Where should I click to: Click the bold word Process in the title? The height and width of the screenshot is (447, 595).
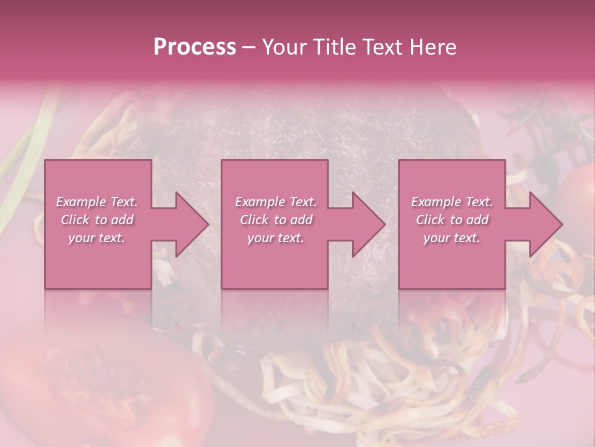point(195,47)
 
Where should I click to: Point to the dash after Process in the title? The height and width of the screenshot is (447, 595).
point(249,48)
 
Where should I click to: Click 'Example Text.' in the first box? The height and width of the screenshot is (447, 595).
point(97,202)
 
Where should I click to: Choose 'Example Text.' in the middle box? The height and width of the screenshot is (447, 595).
point(276,202)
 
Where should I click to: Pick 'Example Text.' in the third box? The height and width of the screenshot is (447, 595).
point(452,202)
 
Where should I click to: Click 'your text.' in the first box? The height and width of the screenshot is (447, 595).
point(97,238)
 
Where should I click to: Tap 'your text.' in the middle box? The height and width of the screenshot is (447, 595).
point(276,238)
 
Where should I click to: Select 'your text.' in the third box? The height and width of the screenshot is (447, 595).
point(452,238)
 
